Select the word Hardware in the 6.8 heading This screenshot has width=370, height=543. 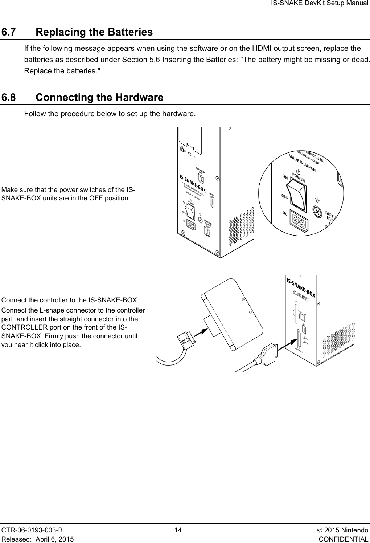tap(139, 98)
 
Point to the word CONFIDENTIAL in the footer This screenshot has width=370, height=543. tap(344, 539)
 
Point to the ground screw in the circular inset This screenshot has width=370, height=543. tap(317, 212)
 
